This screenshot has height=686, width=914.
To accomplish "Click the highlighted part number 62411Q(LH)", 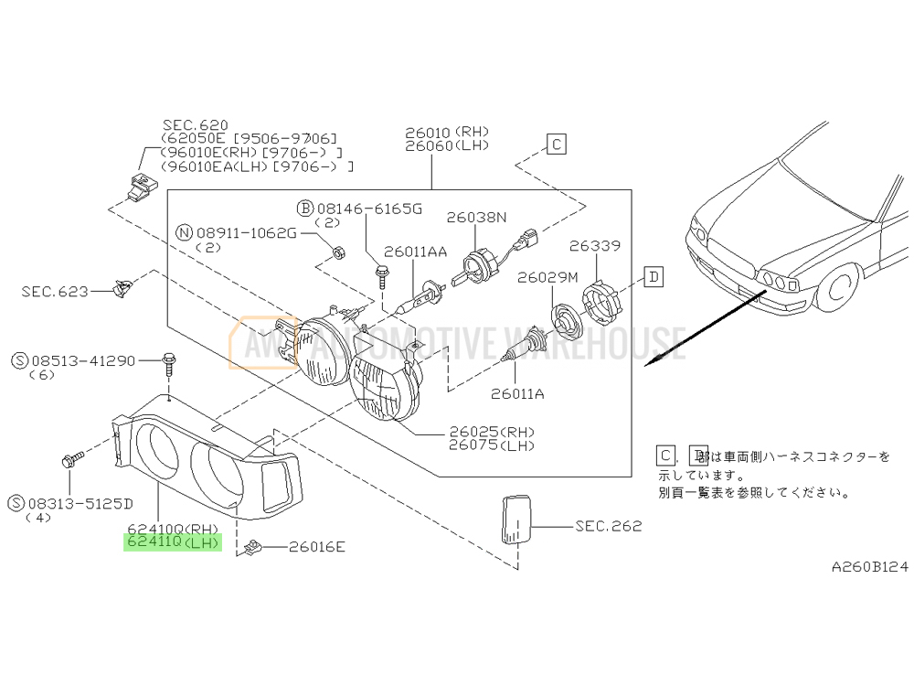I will pos(174,542).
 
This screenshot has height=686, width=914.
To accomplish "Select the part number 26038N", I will pos(476,218).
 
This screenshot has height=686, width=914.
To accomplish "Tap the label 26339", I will pos(595,246).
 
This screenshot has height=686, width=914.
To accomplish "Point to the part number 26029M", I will pos(548,277).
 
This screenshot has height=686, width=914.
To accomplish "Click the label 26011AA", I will pos(415,252).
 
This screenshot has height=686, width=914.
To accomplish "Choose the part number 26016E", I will pos(317,548).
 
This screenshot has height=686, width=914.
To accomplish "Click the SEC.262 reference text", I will pos(609,526).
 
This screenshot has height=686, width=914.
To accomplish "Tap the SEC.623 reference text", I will pos(56,292).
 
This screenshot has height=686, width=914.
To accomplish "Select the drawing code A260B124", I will pos(869,567).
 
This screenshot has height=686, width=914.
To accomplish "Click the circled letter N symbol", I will pos(185,233).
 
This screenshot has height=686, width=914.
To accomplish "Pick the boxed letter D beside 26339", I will pos(654,277).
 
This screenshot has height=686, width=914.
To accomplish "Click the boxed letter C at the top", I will pos(557,144).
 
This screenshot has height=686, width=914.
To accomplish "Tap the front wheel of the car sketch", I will pos(837,292).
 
